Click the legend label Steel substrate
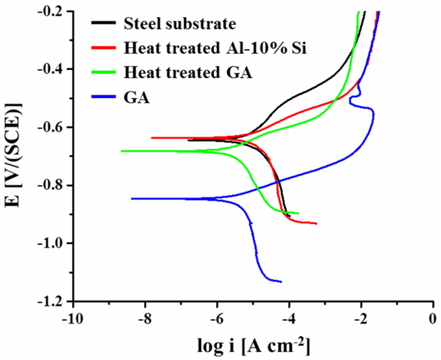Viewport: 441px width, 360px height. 179,23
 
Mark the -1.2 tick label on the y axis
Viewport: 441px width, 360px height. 52,301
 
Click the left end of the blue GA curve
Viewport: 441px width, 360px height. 132,198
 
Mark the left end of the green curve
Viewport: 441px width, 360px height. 121,151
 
